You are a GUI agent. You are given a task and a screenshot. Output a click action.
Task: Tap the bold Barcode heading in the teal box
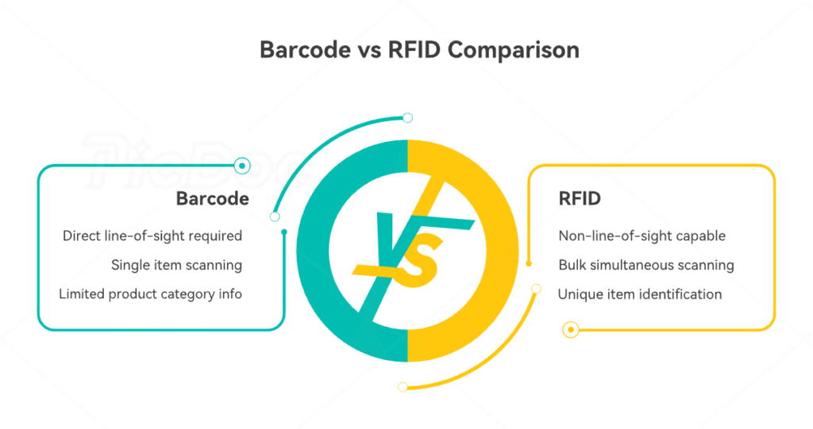[x=212, y=198]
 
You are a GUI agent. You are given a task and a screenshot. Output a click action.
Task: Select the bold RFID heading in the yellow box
[x=580, y=198]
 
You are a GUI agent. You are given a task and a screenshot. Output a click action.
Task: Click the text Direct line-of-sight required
[x=152, y=236]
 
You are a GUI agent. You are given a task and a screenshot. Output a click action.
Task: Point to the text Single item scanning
[x=176, y=265]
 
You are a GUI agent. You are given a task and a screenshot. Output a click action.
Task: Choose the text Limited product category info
[x=150, y=294]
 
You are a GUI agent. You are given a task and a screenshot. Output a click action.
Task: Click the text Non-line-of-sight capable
[x=642, y=236]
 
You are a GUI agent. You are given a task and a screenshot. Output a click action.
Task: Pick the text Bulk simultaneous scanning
[x=645, y=265]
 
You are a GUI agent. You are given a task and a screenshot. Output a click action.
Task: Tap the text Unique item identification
[x=640, y=294]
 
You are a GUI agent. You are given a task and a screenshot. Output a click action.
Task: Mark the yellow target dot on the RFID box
[x=570, y=330]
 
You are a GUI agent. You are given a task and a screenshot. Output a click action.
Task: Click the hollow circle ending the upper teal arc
[x=407, y=118]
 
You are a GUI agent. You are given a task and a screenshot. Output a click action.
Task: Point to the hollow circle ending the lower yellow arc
[x=403, y=387]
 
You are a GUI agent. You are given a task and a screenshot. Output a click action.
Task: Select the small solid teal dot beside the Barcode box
[x=284, y=232]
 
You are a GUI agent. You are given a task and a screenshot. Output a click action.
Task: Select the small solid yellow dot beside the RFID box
[x=529, y=263]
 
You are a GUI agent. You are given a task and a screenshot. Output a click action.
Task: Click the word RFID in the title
[x=411, y=51]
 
